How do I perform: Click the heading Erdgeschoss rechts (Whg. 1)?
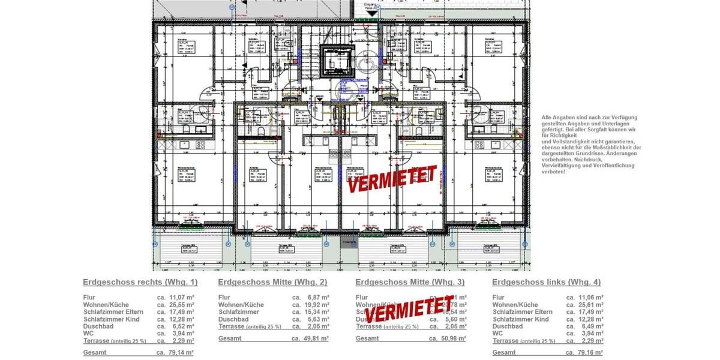(140, 282)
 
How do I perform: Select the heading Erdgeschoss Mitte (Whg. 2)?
(272, 282)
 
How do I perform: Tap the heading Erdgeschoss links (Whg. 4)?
(546, 282)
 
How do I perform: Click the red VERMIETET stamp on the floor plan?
(392, 178)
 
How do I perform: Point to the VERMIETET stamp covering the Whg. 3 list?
(409, 308)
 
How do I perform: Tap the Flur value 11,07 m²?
(181, 298)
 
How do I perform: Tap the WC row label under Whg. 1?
(88, 334)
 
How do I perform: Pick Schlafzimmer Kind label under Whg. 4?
(521, 319)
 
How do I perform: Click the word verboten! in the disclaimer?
(553, 172)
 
